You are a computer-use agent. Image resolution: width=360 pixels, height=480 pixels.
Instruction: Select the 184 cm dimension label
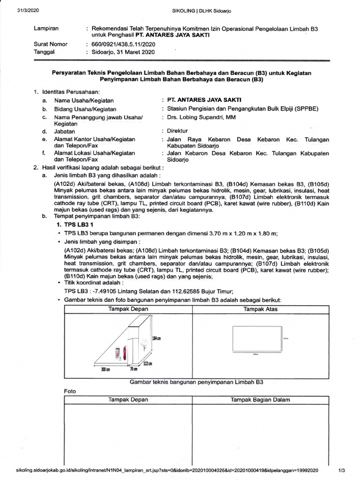click(156, 338)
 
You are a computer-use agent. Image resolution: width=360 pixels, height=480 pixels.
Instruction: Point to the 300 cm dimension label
click(105, 370)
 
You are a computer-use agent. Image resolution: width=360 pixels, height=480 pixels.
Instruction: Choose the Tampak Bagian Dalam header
click(260, 400)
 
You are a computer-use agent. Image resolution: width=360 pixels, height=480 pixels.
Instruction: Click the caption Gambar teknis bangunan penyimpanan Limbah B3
click(196, 382)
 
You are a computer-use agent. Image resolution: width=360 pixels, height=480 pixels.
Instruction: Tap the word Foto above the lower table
click(69, 391)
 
